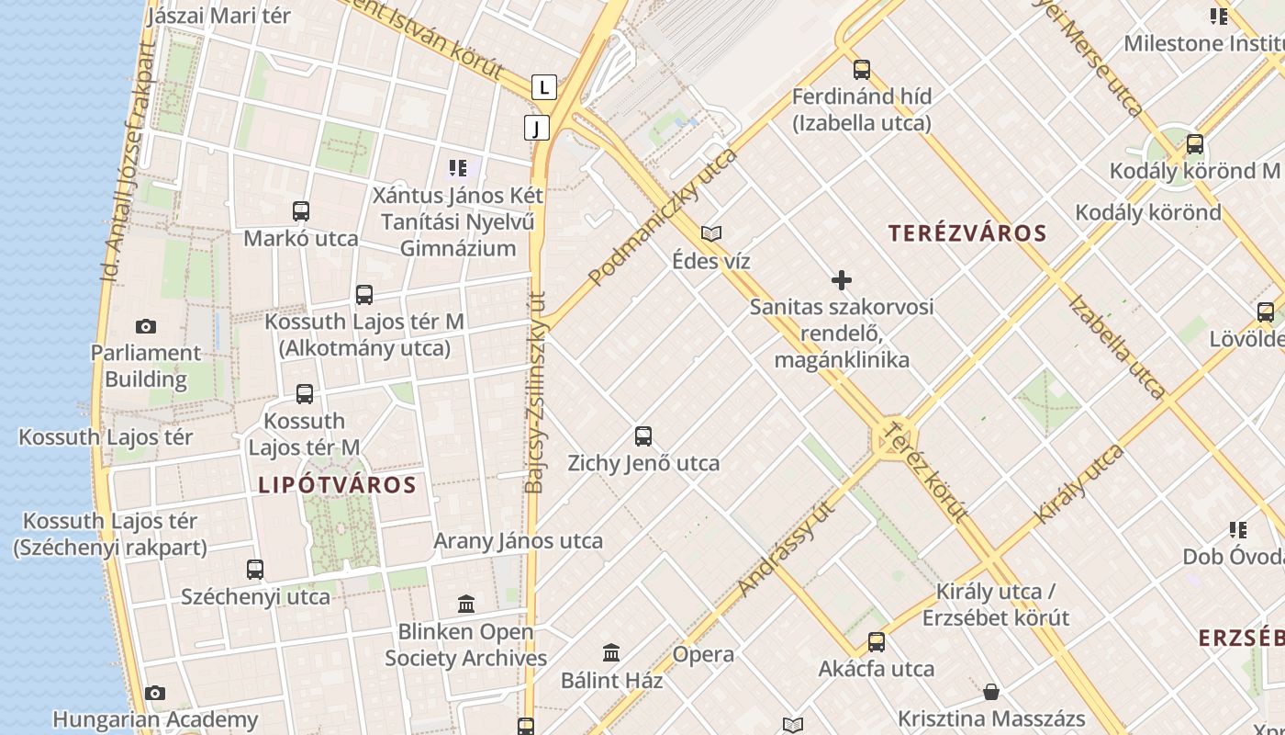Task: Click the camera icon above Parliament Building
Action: pyautogui.click(x=145, y=326)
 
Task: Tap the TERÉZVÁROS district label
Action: pyautogui.click(x=967, y=233)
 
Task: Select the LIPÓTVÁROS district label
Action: pyautogui.click(x=337, y=485)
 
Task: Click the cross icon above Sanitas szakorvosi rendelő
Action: pyautogui.click(x=841, y=280)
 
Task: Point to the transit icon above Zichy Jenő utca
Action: pyautogui.click(x=643, y=436)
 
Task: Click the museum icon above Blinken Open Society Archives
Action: pyautogui.click(x=466, y=605)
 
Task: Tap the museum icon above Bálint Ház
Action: pyautogui.click(x=611, y=653)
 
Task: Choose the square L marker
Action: pyautogui.click(x=545, y=87)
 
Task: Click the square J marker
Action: pyautogui.click(x=537, y=127)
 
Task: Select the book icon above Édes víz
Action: pyautogui.click(x=711, y=233)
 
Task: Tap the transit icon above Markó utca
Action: pyautogui.click(x=301, y=211)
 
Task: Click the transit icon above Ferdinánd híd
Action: pyautogui.click(x=861, y=69)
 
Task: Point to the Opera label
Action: pyautogui.click(x=703, y=654)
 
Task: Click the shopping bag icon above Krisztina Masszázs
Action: pyautogui.click(x=991, y=691)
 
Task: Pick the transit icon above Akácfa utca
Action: pyautogui.click(x=877, y=641)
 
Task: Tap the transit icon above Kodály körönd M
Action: pyautogui.click(x=1194, y=144)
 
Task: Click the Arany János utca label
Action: pyautogui.click(x=518, y=541)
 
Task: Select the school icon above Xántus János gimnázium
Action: pyautogui.click(x=457, y=168)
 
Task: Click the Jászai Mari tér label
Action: pyautogui.click(x=218, y=16)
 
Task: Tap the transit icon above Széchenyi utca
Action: pyautogui.click(x=255, y=570)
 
